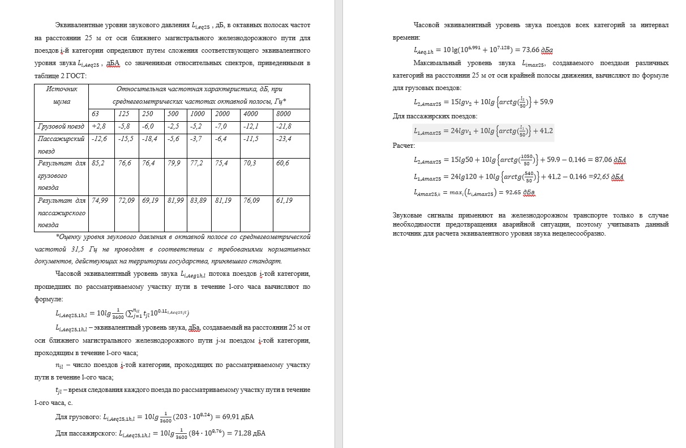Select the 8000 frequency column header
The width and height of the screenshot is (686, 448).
pos(283,114)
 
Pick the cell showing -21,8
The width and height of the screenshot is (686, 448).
pos(284,126)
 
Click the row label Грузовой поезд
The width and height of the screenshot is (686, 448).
pos(61,126)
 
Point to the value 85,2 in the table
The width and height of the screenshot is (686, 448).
pos(98,163)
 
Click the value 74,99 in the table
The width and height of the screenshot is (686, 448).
pos(100,200)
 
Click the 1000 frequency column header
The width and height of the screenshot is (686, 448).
pos(197,114)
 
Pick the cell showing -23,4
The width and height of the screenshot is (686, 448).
pos(284,139)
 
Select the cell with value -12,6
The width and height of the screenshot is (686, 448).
pos(100,139)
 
